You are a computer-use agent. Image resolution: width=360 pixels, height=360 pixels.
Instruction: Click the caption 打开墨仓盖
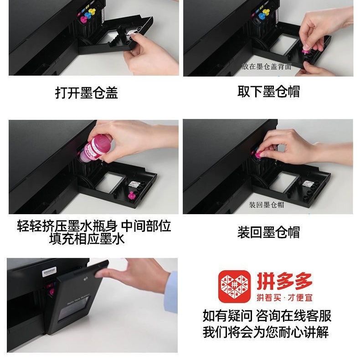click(86, 93)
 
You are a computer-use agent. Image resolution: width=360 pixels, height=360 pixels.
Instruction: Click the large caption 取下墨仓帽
click(268, 92)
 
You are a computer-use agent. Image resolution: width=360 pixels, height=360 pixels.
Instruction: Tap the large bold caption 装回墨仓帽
click(268, 232)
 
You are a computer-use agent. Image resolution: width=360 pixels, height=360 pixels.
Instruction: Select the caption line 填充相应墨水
click(87, 239)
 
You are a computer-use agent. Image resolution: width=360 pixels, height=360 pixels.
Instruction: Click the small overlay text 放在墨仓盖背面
click(266, 67)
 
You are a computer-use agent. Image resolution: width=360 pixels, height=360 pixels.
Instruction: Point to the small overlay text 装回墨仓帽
click(266, 205)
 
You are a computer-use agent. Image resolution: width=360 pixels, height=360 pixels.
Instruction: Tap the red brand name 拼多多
click(285, 281)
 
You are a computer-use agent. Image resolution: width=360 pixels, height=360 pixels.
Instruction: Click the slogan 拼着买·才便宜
click(285, 298)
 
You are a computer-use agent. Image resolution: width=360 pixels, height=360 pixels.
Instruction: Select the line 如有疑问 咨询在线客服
click(267, 316)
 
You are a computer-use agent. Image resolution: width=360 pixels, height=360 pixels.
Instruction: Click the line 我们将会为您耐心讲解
click(266, 332)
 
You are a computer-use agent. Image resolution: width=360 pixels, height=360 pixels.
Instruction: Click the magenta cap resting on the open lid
click(132, 195)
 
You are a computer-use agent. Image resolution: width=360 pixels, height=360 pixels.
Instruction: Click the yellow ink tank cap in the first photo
click(92, 11)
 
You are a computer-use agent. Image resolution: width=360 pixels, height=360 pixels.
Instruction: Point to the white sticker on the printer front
click(49, 271)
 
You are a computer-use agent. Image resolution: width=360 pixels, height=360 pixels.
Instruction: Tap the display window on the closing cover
click(73, 309)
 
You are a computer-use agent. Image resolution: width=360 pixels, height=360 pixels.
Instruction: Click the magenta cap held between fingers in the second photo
click(306, 51)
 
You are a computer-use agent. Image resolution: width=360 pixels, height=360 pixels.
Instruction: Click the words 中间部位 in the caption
click(146, 226)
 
